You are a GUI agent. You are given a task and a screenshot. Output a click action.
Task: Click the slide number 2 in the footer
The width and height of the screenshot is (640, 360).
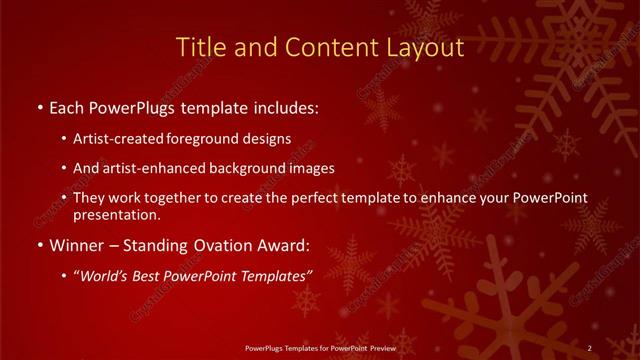[x=590, y=347]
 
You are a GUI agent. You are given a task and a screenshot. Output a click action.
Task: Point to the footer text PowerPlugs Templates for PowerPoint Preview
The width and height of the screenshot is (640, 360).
[x=320, y=347]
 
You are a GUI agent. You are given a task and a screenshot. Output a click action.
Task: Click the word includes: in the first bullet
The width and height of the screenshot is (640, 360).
[x=283, y=105]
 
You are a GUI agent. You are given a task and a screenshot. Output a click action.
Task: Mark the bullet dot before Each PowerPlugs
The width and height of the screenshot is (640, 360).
[x=38, y=106]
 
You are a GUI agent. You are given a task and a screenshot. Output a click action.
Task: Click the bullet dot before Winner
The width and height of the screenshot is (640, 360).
[x=38, y=245]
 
